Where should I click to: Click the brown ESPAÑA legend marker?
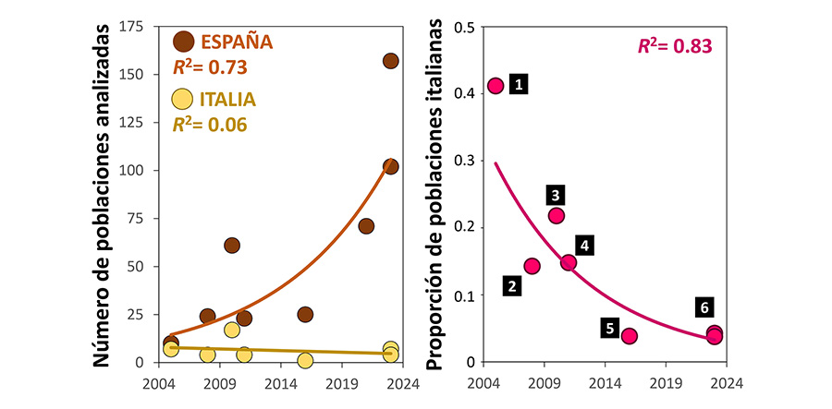coord(184,42)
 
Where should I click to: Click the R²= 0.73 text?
coord(211,67)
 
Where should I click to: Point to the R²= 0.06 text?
coord(211,125)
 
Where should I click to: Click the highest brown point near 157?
coord(390,61)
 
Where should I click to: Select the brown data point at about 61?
coord(232,246)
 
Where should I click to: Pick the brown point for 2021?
coord(366,226)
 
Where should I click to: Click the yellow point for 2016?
coord(305,360)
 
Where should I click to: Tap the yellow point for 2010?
coord(232,330)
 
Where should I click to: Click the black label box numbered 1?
coord(520,85)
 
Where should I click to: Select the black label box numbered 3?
coord(556,195)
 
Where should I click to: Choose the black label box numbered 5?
coord(610,327)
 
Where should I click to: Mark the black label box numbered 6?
coord(704,307)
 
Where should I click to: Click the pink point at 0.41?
coord(496,86)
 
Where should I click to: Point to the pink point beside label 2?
coord(532,266)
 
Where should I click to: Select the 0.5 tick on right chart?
coord(464,27)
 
